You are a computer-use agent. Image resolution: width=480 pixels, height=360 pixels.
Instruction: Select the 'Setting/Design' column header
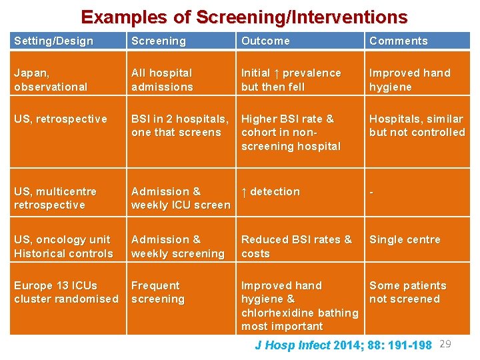(53, 41)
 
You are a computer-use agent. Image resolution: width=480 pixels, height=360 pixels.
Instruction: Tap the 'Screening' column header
(159, 41)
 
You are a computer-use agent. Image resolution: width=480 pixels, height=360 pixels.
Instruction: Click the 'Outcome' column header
(265, 41)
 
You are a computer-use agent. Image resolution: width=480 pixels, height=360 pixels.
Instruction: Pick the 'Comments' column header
(398, 41)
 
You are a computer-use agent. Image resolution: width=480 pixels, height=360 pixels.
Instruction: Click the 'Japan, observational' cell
(51, 79)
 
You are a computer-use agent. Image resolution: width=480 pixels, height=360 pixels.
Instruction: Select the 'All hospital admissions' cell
(162, 79)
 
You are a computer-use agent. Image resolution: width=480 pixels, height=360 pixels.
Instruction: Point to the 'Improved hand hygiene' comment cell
(409, 79)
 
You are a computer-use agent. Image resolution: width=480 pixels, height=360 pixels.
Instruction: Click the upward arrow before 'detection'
(244, 192)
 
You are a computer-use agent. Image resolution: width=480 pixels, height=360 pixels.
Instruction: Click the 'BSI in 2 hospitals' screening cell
(179, 125)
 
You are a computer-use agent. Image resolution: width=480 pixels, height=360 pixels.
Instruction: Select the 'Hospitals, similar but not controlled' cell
(417, 125)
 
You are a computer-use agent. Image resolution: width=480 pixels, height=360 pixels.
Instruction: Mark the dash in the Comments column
(371, 192)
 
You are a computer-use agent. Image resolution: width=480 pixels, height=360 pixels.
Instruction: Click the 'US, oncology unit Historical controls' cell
(63, 246)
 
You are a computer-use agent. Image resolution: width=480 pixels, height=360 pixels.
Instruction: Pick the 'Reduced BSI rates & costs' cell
(296, 246)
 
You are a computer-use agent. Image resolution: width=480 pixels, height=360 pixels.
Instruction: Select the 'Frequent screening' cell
(157, 292)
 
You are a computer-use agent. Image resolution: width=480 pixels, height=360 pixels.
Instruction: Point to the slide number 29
(446, 344)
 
